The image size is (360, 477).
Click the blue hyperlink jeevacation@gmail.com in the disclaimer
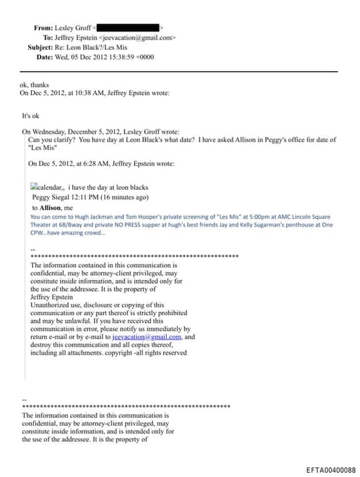(x=147, y=337)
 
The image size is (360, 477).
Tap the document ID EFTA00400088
(x=330, y=470)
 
